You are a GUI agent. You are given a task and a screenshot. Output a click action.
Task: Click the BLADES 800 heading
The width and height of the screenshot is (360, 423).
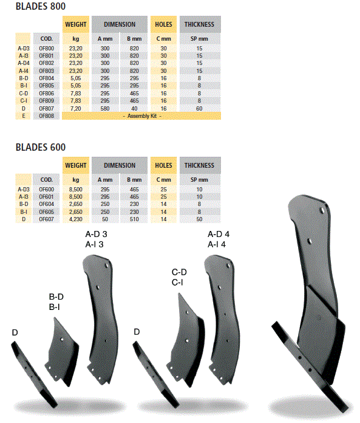tap(41, 6)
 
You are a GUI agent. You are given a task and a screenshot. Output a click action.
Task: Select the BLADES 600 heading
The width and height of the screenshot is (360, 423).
tap(41, 147)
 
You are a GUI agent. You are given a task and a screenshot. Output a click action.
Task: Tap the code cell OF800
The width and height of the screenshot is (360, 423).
tap(46, 49)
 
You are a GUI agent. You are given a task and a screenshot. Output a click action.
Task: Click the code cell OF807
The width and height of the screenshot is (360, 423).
tap(46, 108)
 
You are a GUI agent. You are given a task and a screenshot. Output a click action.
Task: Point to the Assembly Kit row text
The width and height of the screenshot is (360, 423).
tap(142, 116)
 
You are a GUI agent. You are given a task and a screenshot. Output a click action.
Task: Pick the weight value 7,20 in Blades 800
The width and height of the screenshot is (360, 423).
tap(76, 108)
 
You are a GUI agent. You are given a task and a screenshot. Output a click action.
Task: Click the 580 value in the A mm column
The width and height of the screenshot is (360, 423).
tap(105, 108)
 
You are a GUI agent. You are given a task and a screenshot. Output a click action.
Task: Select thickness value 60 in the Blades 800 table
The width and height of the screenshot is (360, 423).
tap(199, 108)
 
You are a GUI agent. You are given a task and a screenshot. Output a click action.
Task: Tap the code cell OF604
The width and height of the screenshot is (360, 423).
tap(46, 204)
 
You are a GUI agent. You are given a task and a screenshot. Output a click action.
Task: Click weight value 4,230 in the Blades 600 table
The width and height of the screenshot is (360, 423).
tap(76, 219)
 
